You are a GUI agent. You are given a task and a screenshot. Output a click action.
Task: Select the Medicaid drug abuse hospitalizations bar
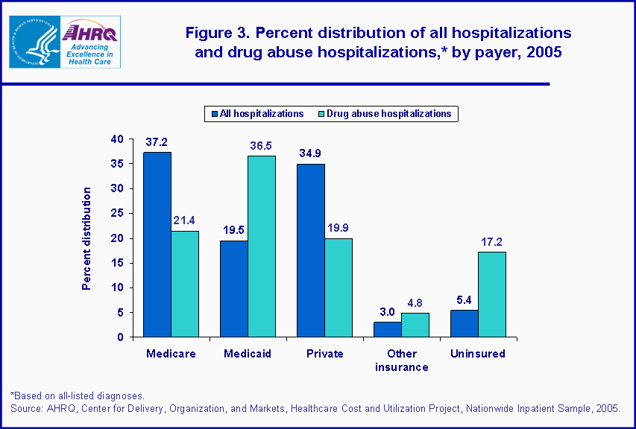pos(261,246)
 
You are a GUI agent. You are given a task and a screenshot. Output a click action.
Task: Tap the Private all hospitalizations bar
pos(311,250)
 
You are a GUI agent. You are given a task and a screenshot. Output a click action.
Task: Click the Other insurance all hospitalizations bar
pos(388,329)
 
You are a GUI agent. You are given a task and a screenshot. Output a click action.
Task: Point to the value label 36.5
pos(261,147)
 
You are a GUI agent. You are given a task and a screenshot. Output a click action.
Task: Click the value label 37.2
pos(157,142)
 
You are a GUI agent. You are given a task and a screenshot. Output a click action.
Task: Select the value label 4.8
pos(415,304)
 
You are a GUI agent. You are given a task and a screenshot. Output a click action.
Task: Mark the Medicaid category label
pos(247,354)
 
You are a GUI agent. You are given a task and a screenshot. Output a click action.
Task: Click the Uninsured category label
pos(477,354)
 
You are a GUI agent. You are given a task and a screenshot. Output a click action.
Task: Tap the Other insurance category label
pos(401,360)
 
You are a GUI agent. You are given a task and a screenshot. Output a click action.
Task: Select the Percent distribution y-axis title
pos(87,238)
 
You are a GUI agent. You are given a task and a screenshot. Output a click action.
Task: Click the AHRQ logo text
pos(89,32)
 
